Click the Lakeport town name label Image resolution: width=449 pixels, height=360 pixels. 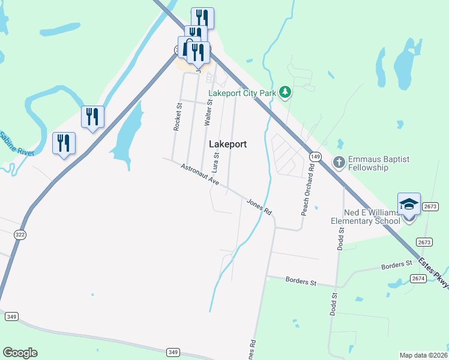click(228, 145)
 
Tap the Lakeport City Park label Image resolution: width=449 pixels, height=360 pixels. click(243, 93)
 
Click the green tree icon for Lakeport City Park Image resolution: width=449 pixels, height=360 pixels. click(286, 92)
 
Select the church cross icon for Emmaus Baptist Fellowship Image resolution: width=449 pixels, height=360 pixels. click(339, 162)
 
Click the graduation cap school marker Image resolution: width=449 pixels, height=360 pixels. click(409, 204)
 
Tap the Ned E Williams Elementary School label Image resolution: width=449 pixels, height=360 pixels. click(365, 217)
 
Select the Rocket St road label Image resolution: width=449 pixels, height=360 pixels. click(178, 116)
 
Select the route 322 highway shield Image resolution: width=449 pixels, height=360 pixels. click(20, 235)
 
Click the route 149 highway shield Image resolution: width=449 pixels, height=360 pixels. click(315, 157)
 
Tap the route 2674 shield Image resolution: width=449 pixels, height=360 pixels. click(418, 278)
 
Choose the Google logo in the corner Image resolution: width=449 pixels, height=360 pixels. click(20, 353)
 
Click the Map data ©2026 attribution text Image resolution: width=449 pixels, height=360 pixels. click(424, 355)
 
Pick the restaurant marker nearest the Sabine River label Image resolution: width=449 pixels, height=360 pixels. click(64, 143)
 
